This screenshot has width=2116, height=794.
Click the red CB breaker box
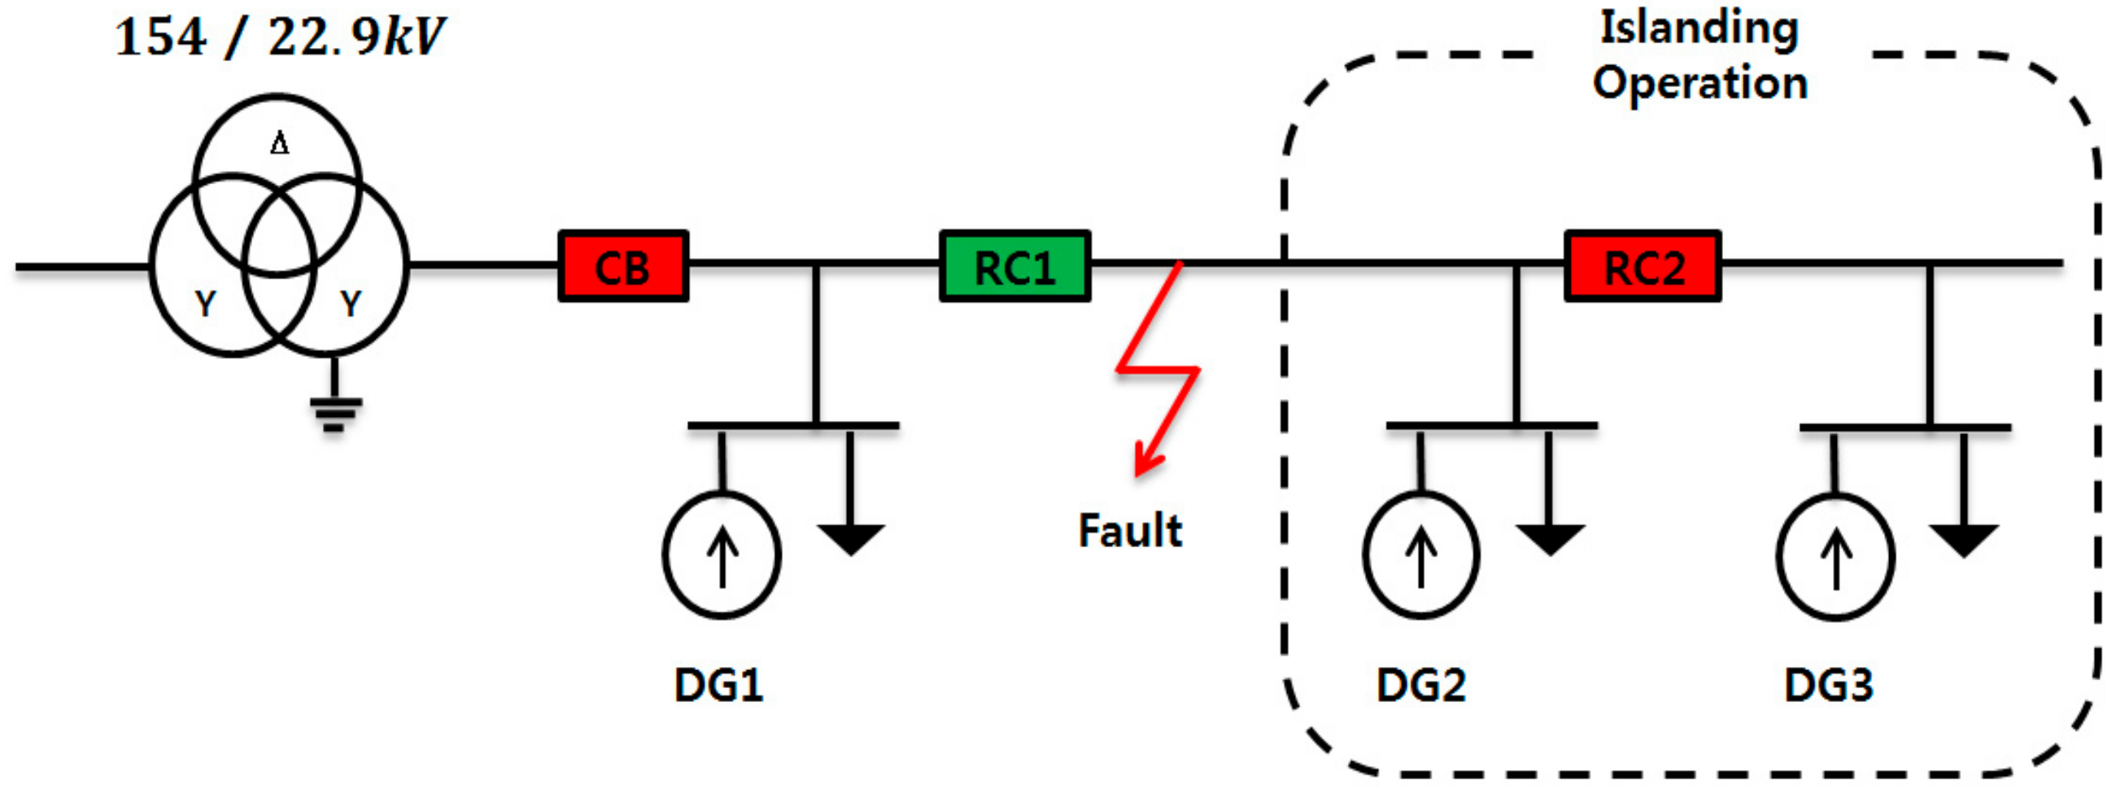[x=622, y=266]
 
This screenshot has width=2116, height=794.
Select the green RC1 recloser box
[x=1014, y=266]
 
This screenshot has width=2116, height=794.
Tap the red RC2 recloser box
[x=1642, y=266]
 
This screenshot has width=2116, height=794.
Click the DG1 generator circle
[x=722, y=555]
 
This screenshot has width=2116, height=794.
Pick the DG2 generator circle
[x=1421, y=555]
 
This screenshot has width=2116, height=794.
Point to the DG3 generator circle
[x=1835, y=556]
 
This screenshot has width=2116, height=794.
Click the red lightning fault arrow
[x=1158, y=370]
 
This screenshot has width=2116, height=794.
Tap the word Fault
[x=1129, y=530]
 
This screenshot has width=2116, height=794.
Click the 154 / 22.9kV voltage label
[x=279, y=37]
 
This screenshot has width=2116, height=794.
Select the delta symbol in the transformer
[x=279, y=145]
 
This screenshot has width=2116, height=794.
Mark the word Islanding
[x=1699, y=29]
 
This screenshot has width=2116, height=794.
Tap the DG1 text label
[x=718, y=685]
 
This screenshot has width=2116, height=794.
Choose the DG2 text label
[x=1421, y=685]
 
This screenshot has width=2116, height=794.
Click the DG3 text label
[x=1829, y=685]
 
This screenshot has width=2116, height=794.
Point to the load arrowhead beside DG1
[x=850, y=538]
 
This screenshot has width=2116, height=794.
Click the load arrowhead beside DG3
[x=1963, y=540]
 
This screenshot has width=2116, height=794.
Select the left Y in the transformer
[x=205, y=305]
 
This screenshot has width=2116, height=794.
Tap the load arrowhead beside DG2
[x=1549, y=538]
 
